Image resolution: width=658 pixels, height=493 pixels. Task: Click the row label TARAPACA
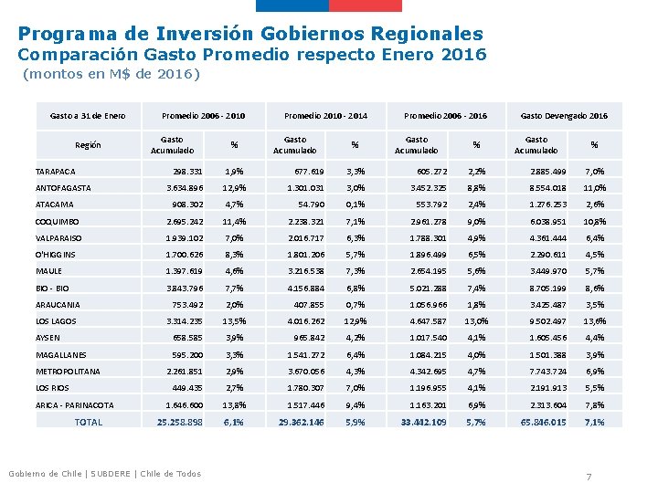click(56, 171)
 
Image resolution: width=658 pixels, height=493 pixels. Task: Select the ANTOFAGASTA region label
click(63, 188)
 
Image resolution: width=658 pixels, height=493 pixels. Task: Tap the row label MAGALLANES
click(62, 354)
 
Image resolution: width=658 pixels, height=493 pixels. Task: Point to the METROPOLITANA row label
click(68, 372)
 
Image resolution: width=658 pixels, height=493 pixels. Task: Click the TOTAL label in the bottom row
click(89, 422)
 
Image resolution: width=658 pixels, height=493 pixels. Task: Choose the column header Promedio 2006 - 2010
click(203, 116)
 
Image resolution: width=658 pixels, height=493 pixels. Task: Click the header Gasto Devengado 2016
click(564, 116)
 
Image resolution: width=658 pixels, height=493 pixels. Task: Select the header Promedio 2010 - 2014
click(325, 116)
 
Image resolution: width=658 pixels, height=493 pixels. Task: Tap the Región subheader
click(88, 144)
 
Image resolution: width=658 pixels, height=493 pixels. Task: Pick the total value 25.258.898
click(180, 422)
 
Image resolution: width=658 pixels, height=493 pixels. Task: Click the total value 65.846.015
click(544, 422)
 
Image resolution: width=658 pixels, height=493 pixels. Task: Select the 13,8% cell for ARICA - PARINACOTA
click(234, 404)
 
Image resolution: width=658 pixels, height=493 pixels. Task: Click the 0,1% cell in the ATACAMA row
click(356, 205)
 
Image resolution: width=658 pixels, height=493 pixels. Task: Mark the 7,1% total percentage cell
click(594, 422)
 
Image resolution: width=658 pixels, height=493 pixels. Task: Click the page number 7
click(589, 477)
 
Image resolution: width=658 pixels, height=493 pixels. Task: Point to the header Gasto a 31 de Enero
click(88, 116)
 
